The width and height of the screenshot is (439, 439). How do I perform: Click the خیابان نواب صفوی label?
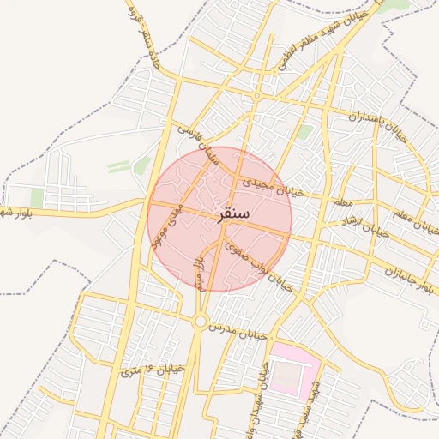coord(259,265)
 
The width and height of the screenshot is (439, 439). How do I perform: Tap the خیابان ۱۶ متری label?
coord(153,370)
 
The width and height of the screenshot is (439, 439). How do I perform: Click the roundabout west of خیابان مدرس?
coord(201,321)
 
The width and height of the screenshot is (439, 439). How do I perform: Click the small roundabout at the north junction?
coord(255,96)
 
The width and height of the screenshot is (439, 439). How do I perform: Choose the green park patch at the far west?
coord(37,197)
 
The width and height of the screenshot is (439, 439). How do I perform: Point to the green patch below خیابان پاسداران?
coord(304,132)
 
